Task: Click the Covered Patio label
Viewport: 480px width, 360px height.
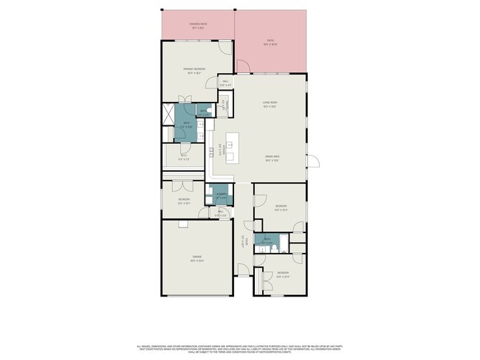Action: tap(196, 27)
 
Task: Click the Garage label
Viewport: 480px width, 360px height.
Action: tap(197, 259)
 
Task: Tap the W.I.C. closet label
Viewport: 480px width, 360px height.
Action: tap(184, 156)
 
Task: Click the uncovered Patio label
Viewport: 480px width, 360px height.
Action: tap(270, 43)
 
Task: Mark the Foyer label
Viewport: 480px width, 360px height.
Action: tap(242, 240)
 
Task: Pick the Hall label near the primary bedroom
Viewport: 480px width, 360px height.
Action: tap(225, 84)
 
